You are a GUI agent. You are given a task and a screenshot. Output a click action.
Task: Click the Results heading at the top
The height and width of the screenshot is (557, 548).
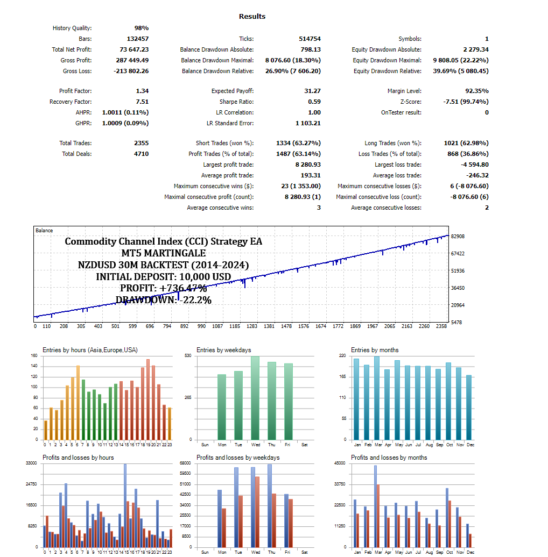pos(252,17)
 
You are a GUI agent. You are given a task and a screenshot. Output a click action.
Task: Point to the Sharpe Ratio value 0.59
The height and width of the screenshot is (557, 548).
pos(314,102)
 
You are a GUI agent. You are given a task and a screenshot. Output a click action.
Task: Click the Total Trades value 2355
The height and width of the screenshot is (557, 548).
pos(141,144)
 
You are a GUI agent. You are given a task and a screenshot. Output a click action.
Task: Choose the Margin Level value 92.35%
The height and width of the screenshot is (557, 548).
pos(476,91)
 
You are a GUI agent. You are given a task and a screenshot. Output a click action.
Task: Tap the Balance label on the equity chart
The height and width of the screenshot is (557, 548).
pos(44,231)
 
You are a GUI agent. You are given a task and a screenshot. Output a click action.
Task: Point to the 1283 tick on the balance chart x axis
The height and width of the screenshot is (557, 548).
pos(251,326)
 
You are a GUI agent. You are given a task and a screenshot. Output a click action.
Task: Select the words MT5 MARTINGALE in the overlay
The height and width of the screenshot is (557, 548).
pos(164,253)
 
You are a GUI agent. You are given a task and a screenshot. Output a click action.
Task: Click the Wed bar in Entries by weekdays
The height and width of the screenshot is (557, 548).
pos(255,398)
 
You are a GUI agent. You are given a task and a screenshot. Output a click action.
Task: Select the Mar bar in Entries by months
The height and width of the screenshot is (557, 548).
pos(376,398)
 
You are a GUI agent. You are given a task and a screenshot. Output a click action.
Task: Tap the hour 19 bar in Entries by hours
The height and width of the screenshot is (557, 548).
pos(148,399)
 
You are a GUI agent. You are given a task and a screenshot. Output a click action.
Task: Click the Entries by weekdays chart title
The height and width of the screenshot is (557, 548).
pos(223,350)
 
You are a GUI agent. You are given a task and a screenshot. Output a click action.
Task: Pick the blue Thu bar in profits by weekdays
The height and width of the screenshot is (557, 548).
pos(269,505)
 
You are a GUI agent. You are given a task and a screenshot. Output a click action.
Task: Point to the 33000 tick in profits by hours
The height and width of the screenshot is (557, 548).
pos(31,463)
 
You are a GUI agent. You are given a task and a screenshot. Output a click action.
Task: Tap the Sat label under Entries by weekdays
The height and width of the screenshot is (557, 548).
pos(305,445)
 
